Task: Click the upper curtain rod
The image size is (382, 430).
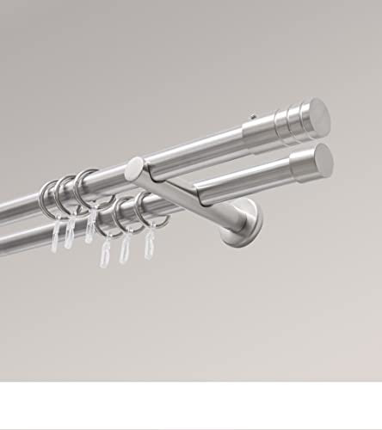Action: tap(172, 159)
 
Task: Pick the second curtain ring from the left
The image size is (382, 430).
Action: tap(64, 193)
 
